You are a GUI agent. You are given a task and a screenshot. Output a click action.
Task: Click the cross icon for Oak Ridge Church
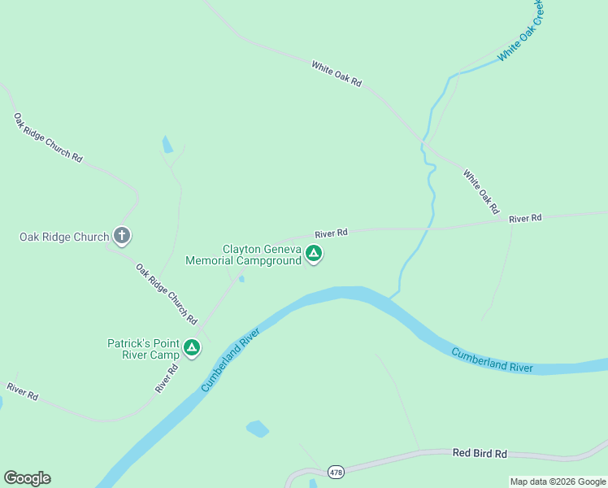[122, 236]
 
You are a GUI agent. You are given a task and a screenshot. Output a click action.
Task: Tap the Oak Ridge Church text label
[64, 237]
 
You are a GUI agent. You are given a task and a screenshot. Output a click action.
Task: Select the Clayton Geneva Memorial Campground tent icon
[314, 255]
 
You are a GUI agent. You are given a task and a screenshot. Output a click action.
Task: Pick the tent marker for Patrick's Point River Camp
[192, 349]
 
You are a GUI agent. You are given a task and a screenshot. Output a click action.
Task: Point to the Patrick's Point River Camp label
[143, 349]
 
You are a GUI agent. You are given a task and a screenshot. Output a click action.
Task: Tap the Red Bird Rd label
[480, 453]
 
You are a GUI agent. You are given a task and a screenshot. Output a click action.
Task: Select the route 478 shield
[336, 472]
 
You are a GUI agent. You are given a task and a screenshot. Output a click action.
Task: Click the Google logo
[27, 478]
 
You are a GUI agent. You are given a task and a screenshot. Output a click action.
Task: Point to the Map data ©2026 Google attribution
[558, 481]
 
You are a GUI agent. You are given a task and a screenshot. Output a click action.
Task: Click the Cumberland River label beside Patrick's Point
[229, 359]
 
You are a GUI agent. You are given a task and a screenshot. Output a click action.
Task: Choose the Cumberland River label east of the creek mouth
[493, 359]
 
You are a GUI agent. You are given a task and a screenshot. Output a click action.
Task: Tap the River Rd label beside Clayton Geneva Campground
[331, 233]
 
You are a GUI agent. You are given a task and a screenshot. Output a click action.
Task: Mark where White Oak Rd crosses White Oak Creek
[423, 143]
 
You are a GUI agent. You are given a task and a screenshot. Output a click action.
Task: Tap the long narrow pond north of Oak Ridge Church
[167, 145]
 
